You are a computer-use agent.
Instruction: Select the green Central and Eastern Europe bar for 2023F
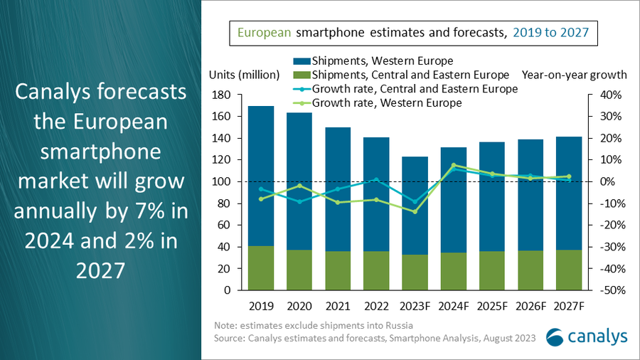click(415, 272)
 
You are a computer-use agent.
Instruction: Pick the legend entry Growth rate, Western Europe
click(388, 103)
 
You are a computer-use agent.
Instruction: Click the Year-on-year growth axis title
click(574, 75)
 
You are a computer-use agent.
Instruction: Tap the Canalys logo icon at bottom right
click(557, 337)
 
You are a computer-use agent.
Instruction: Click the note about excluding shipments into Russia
click(314, 325)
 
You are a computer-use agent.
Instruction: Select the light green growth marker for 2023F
click(415, 212)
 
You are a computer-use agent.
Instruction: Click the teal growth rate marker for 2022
click(376, 179)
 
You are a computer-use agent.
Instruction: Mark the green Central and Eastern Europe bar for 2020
click(298, 270)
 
